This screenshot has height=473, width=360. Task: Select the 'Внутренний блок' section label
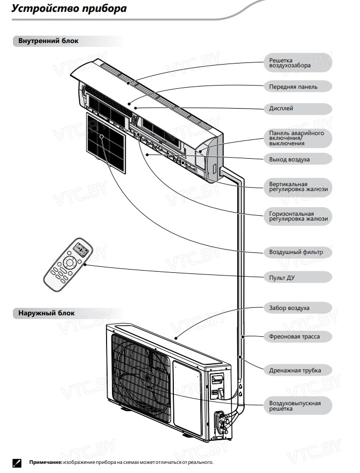[x=45, y=41]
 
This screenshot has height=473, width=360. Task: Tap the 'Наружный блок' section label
[x=43, y=313]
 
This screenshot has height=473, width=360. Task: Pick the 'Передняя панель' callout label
[x=298, y=87]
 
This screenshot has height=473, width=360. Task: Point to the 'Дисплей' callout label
[x=298, y=109]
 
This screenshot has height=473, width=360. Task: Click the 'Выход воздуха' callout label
[x=298, y=159]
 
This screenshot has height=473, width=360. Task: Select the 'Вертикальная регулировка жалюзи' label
[x=298, y=186]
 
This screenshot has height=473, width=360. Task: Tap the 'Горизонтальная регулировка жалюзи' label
[x=298, y=216]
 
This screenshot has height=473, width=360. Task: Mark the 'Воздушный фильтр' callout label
[x=298, y=252]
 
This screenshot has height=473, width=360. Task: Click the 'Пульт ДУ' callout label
[x=298, y=278]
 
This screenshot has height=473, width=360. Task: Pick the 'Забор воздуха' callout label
[x=298, y=308]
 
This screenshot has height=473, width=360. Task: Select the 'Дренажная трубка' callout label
[x=298, y=370]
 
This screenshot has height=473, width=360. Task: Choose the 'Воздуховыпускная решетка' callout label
[x=298, y=406]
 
